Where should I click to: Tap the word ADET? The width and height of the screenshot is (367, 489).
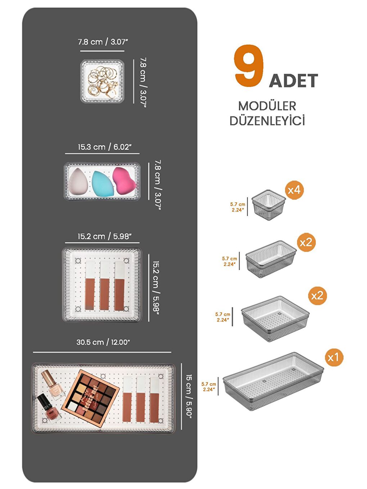[293, 81]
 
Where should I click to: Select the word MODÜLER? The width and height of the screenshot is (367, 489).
[267, 106]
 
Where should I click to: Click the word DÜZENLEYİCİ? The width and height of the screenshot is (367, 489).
[267, 121]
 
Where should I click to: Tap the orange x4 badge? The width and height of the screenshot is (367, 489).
[294, 190]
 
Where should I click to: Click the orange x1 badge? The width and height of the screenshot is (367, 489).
[333, 357]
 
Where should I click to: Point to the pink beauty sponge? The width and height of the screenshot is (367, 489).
[124, 180]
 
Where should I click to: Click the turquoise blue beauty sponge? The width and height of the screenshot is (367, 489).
[103, 183]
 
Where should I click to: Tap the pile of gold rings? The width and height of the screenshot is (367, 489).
[103, 81]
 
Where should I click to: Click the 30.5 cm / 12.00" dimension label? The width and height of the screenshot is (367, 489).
[103, 342]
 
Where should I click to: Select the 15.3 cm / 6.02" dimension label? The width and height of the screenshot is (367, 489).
[104, 147]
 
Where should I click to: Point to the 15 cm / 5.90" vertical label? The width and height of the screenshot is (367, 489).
[189, 396]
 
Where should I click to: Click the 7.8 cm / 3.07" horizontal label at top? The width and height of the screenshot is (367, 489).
[103, 42]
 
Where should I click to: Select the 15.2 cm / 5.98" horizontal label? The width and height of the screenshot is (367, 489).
[104, 237]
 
